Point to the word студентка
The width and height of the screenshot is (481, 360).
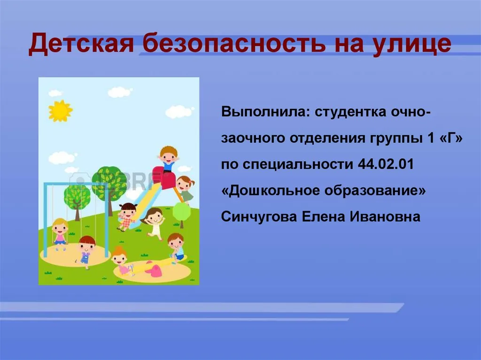pyautogui.click(x=350, y=112)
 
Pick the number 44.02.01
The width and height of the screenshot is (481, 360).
pyautogui.click(x=386, y=164)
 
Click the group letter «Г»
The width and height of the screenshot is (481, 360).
pyautogui.click(x=451, y=138)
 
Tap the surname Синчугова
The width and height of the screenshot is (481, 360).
pyautogui.click(x=259, y=217)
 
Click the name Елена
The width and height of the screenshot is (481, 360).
pyautogui.click(x=324, y=217)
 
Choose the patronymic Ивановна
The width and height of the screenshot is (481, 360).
pyautogui.click(x=385, y=217)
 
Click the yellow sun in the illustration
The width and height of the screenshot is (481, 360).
pyautogui.click(x=60, y=111)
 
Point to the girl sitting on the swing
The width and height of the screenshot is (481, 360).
pyautogui.click(x=60, y=233)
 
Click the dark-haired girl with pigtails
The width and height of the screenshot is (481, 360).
pyautogui.click(x=127, y=216)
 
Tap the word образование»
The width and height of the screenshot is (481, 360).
pyautogui.click(x=375, y=191)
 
